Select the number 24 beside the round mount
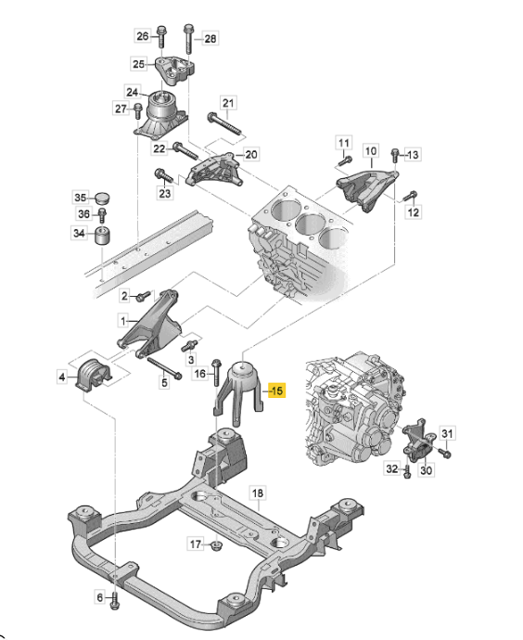point(132,92)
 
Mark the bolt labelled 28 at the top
point(188,37)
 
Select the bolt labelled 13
point(396,155)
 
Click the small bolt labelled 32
point(407,471)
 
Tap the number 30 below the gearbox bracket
point(427,471)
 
